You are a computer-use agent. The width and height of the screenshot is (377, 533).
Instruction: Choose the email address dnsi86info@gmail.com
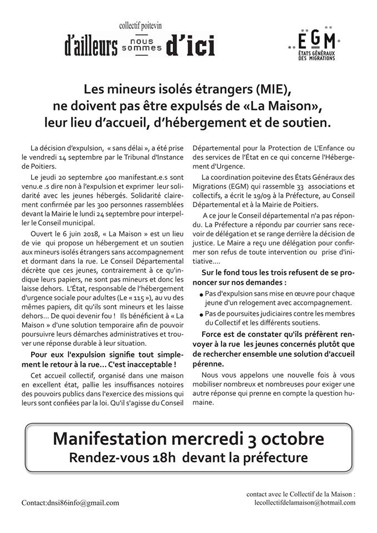[71, 503]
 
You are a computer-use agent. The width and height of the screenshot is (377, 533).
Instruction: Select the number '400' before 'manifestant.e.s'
[95, 175]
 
